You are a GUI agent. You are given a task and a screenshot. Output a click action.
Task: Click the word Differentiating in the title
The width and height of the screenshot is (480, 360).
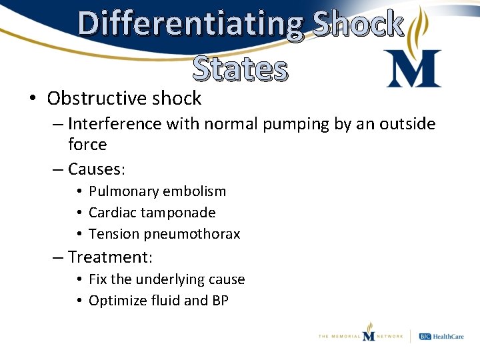[x=191, y=24]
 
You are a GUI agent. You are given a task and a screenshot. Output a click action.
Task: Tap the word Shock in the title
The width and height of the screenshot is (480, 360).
[x=357, y=24]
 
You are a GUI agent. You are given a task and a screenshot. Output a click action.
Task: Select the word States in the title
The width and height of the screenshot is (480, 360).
[x=241, y=69]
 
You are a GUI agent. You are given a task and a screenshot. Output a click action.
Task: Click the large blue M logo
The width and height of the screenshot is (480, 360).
[x=413, y=69]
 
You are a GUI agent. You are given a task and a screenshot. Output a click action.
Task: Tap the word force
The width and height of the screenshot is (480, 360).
[x=87, y=145]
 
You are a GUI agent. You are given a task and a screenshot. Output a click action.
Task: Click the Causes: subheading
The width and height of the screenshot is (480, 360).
[x=97, y=169]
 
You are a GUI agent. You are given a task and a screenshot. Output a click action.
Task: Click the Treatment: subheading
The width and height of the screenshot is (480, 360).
[x=110, y=257]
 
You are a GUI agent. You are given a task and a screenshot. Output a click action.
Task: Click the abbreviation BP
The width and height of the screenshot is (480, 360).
[x=220, y=301]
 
